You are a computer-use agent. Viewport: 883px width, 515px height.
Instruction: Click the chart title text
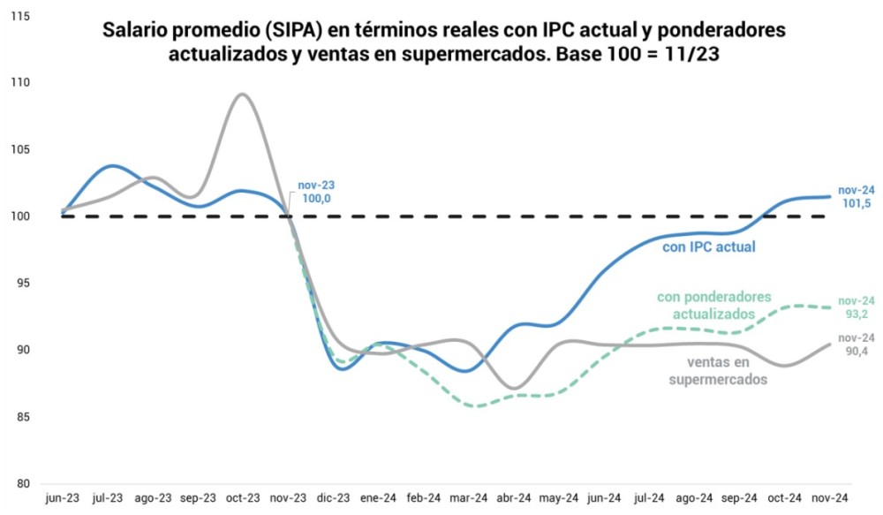point(443,42)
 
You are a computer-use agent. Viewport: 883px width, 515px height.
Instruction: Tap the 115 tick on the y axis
point(19,16)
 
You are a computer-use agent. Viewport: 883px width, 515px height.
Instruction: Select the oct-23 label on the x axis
point(243,499)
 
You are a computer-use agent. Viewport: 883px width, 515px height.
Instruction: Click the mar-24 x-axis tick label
point(469,499)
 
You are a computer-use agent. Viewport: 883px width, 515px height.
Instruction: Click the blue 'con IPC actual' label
point(709,247)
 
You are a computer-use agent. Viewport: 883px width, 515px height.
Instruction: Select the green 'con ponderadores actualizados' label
point(713,306)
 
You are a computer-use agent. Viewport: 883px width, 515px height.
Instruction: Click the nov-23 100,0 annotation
point(316,193)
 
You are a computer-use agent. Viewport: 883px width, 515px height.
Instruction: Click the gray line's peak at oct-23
point(242,94)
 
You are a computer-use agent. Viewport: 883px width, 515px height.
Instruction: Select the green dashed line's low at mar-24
point(477,406)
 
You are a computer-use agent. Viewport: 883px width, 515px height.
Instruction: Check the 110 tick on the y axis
point(19,83)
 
